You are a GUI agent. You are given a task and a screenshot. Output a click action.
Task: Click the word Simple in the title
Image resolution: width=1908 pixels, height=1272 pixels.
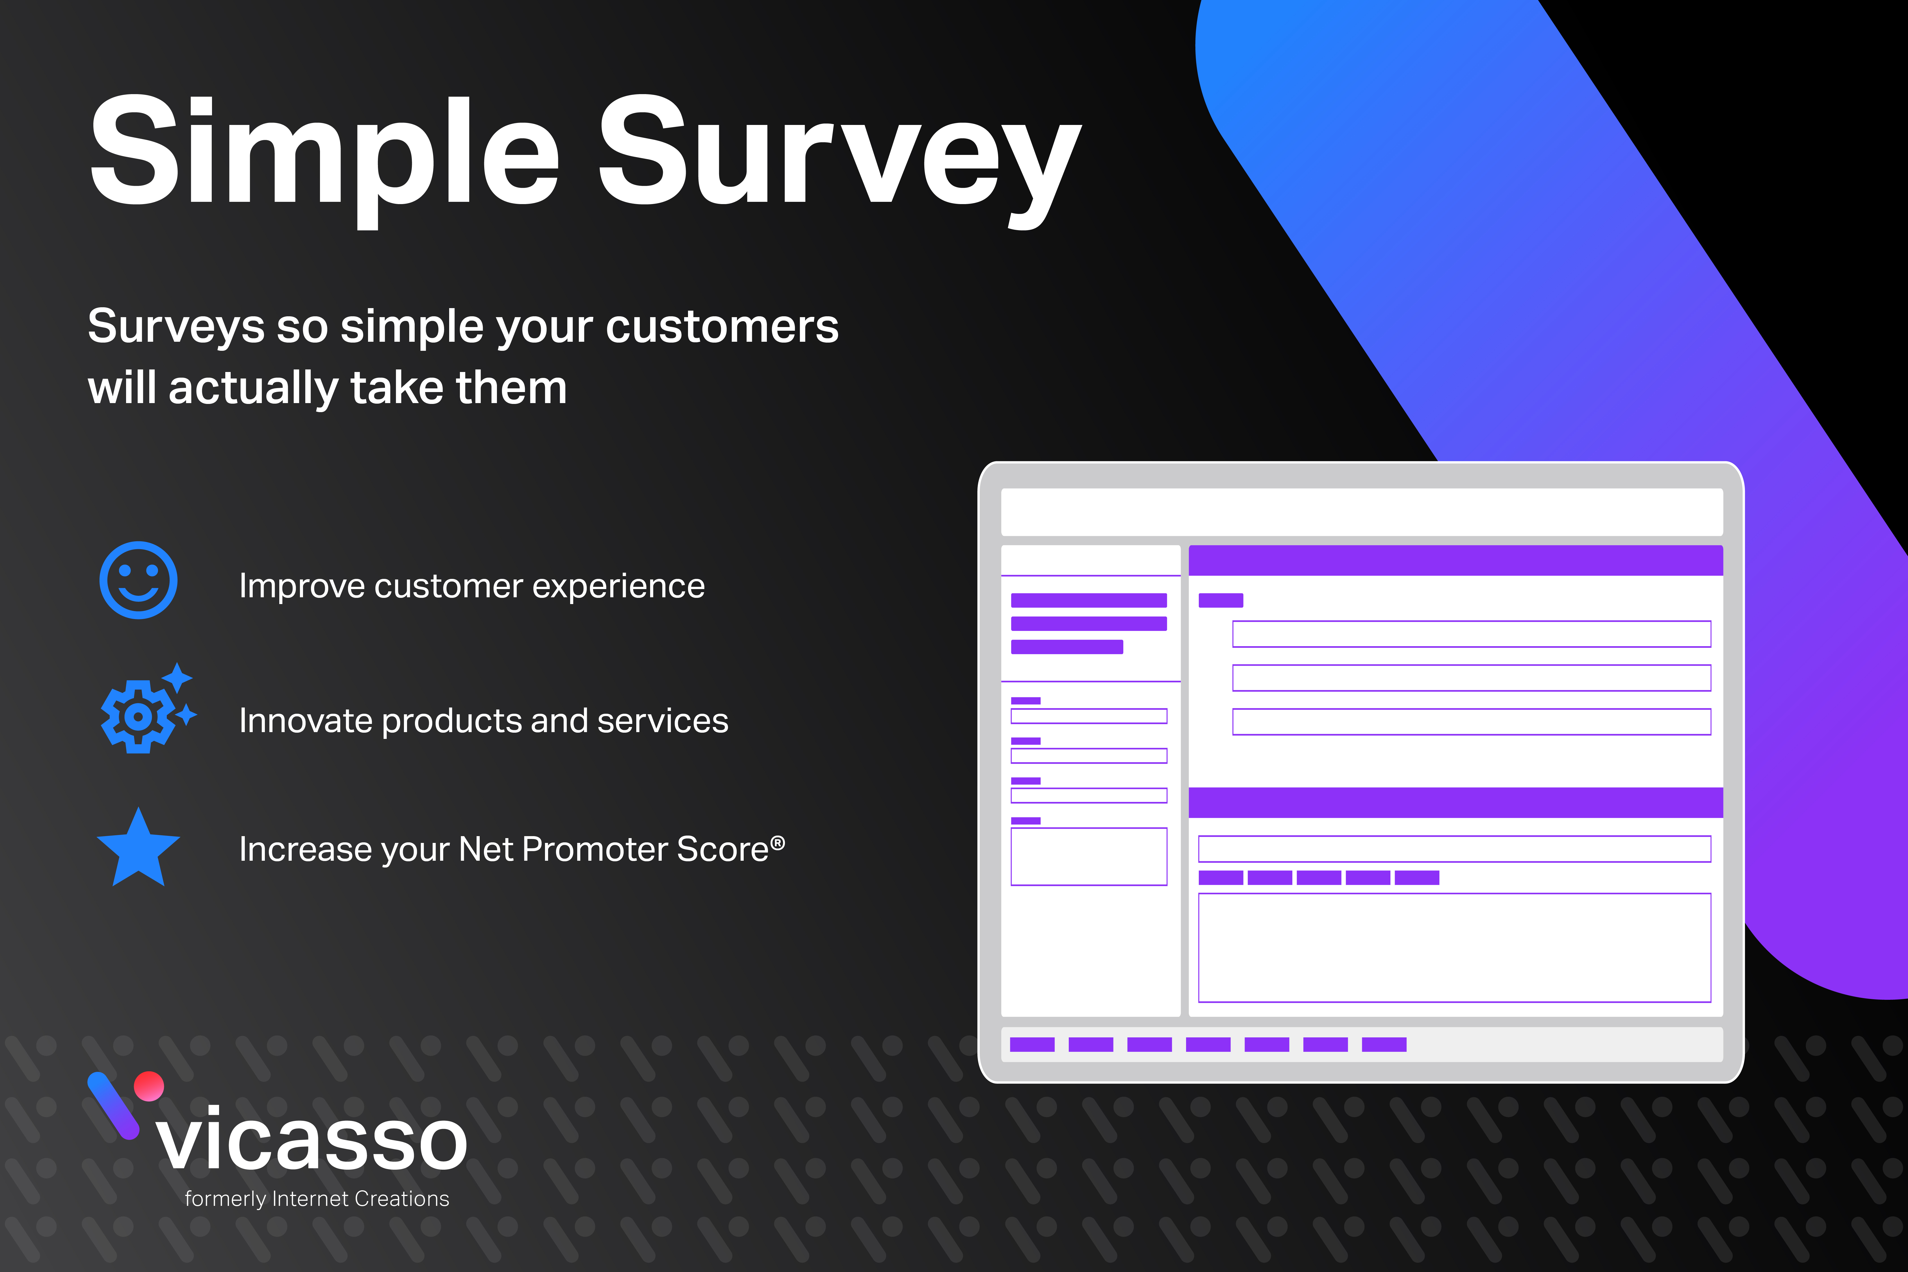(x=325, y=154)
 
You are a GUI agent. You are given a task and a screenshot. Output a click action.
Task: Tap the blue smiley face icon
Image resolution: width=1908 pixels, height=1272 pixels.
(x=139, y=580)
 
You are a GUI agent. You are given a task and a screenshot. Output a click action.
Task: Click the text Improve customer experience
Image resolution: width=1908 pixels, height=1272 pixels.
(x=471, y=586)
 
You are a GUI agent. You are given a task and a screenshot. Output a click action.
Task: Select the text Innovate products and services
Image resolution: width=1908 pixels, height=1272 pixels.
(x=483, y=720)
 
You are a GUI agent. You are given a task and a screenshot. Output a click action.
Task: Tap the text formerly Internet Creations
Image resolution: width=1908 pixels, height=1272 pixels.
(x=316, y=1199)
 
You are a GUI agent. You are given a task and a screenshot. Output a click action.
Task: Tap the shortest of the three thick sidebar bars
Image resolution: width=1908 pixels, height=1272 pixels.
(x=1067, y=646)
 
